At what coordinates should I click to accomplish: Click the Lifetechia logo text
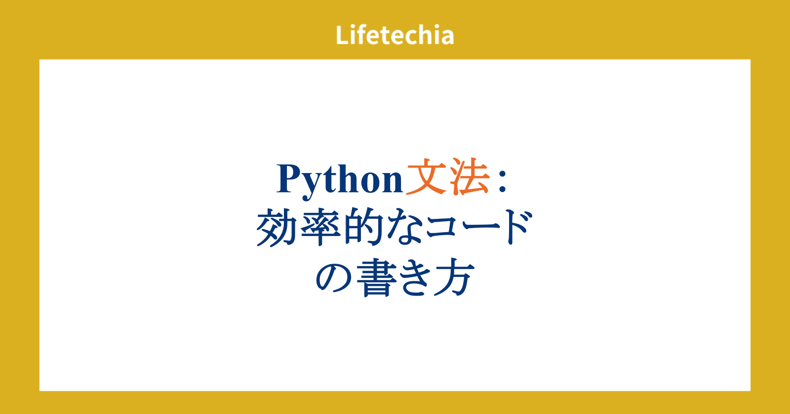(x=395, y=35)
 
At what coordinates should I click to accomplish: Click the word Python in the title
(x=340, y=181)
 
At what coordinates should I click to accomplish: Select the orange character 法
(x=469, y=177)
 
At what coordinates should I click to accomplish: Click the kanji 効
(x=277, y=227)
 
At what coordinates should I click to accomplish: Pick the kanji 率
(x=320, y=227)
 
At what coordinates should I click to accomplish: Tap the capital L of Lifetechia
(x=343, y=35)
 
